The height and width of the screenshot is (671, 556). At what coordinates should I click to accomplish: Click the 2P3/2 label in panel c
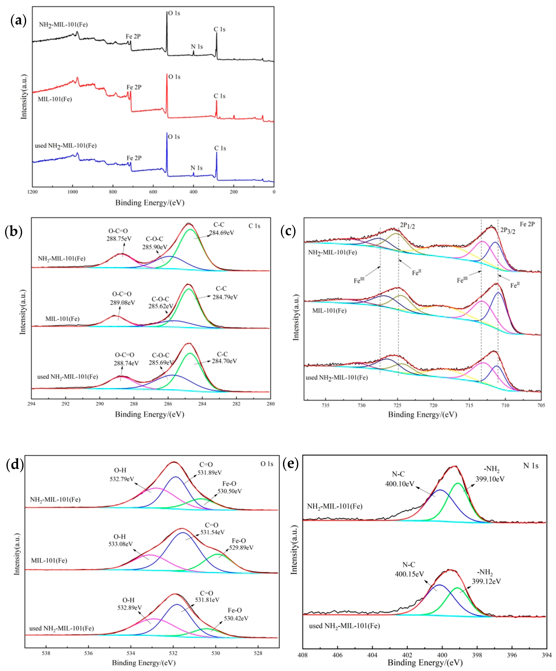click(508, 231)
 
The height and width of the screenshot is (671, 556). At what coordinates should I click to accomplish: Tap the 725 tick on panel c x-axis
click(397, 405)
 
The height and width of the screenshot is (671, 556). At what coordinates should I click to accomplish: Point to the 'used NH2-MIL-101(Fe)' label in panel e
click(344, 626)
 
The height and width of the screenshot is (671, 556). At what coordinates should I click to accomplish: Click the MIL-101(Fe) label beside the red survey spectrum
click(55, 99)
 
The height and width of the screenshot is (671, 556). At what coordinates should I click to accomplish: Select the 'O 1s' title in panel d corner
click(267, 464)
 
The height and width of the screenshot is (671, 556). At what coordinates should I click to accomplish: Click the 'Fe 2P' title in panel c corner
click(527, 224)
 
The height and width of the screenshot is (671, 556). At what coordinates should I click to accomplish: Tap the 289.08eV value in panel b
click(123, 302)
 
